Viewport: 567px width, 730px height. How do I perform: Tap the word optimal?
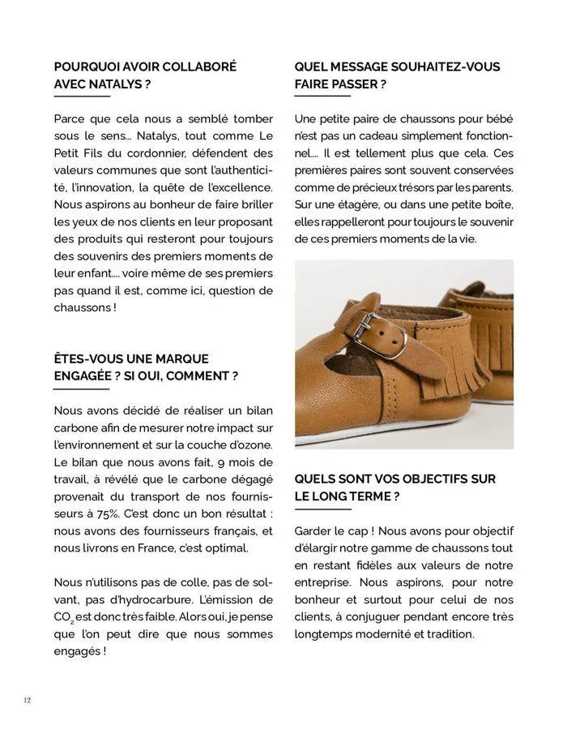point(227,548)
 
